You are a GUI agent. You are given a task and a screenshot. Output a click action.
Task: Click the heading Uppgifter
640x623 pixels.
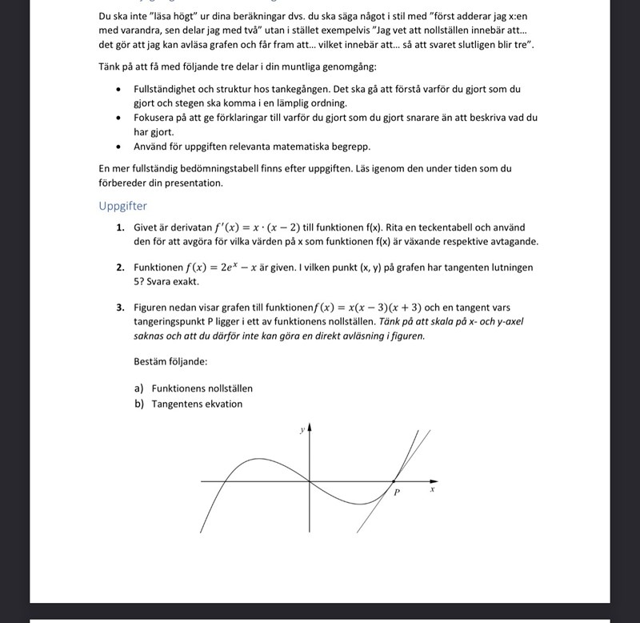pyautogui.click(x=122, y=206)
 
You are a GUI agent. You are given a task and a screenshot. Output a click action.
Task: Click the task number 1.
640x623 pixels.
pyautogui.click(x=119, y=227)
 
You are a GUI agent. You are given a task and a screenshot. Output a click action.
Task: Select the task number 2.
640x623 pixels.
pyautogui.click(x=119, y=267)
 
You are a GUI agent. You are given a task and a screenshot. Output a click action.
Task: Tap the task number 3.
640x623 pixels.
pyautogui.click(x=119, y=307)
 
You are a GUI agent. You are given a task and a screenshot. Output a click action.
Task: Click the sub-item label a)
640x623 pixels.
pyautogui.click(x=140, y=388)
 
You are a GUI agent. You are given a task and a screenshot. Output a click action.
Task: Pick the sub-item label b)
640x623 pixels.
pyautogui.click(x=140, y=404)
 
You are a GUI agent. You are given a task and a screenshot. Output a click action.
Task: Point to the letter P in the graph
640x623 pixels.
pyautogui.click(x=397, y=492)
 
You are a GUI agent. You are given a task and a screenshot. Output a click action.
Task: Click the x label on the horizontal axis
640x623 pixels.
pyautogui.click(x=432, y=488)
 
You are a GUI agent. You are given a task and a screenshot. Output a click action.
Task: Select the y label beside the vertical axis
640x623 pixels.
pyautogui.click(x=302, y=430)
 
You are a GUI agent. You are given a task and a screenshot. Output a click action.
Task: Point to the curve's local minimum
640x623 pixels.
pyautogui.click(x=361, y=504)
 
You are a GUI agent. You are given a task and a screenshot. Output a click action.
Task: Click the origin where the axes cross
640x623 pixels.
pyautogui.click(x=310, y=481)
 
